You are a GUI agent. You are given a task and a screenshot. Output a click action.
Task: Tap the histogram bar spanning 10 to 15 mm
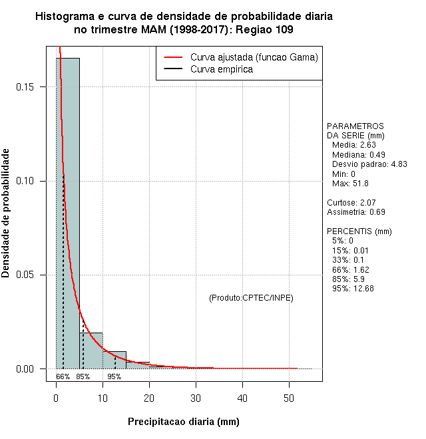click(114, 360)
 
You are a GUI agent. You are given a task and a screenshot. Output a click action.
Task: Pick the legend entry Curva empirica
click(221, 69)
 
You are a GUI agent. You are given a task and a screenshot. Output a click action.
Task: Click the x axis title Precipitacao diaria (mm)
click(183, 422)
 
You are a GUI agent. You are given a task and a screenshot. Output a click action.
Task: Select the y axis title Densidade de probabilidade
click(7, 213)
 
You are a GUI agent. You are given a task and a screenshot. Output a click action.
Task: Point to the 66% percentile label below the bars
click(63, 376)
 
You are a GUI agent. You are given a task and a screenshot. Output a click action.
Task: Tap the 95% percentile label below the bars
click(114, 376)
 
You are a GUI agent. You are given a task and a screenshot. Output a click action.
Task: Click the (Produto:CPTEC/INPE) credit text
click(251, 297)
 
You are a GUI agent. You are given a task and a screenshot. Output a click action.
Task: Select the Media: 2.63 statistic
click(353, 145)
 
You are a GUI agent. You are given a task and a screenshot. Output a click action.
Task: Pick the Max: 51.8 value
click(350, 183)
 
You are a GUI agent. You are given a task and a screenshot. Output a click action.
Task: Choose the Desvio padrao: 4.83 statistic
click(369, 164)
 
